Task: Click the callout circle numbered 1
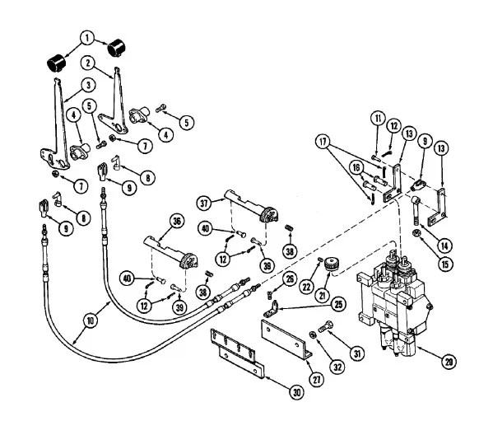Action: click(x=87, y=38)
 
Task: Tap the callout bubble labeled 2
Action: click(x=88, y=63)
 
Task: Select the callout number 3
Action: click(x=89, y=85)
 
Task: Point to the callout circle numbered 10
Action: click(x=91, y=320)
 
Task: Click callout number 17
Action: click(x=323, y=142)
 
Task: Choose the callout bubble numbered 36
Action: click(x=177, y=221)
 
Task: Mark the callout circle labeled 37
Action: click(x=204, y=203)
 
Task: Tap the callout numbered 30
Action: click(x=297, y=392)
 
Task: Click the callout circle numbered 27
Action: click(x=317, y=380)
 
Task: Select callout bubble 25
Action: click(x=338, y=304)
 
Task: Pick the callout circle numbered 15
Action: click(x=445, y=264)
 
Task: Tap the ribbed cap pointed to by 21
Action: click(x=331, y=264)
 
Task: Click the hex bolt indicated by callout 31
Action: click(x=326, y=326)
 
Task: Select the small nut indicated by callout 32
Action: click(x=313, y=334)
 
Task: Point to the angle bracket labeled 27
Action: click(x=286, y=339)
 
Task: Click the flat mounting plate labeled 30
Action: click(x=237, y=353)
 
